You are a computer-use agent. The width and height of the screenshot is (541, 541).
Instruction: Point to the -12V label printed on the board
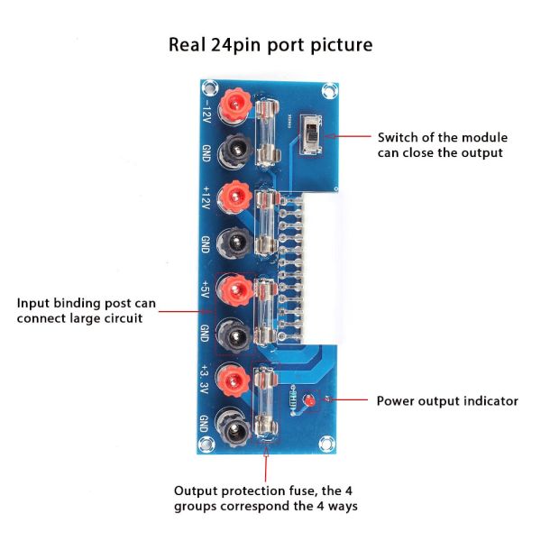(x=206, y=111)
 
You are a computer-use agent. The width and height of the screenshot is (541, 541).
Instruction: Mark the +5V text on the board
(x=206, y=289)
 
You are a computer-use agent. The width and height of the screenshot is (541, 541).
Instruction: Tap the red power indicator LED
(x=309, y=399)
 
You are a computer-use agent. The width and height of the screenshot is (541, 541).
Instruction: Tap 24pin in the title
(x=238, y=44)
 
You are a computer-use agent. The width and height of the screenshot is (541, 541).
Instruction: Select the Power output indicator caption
(x=447, y=401)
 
